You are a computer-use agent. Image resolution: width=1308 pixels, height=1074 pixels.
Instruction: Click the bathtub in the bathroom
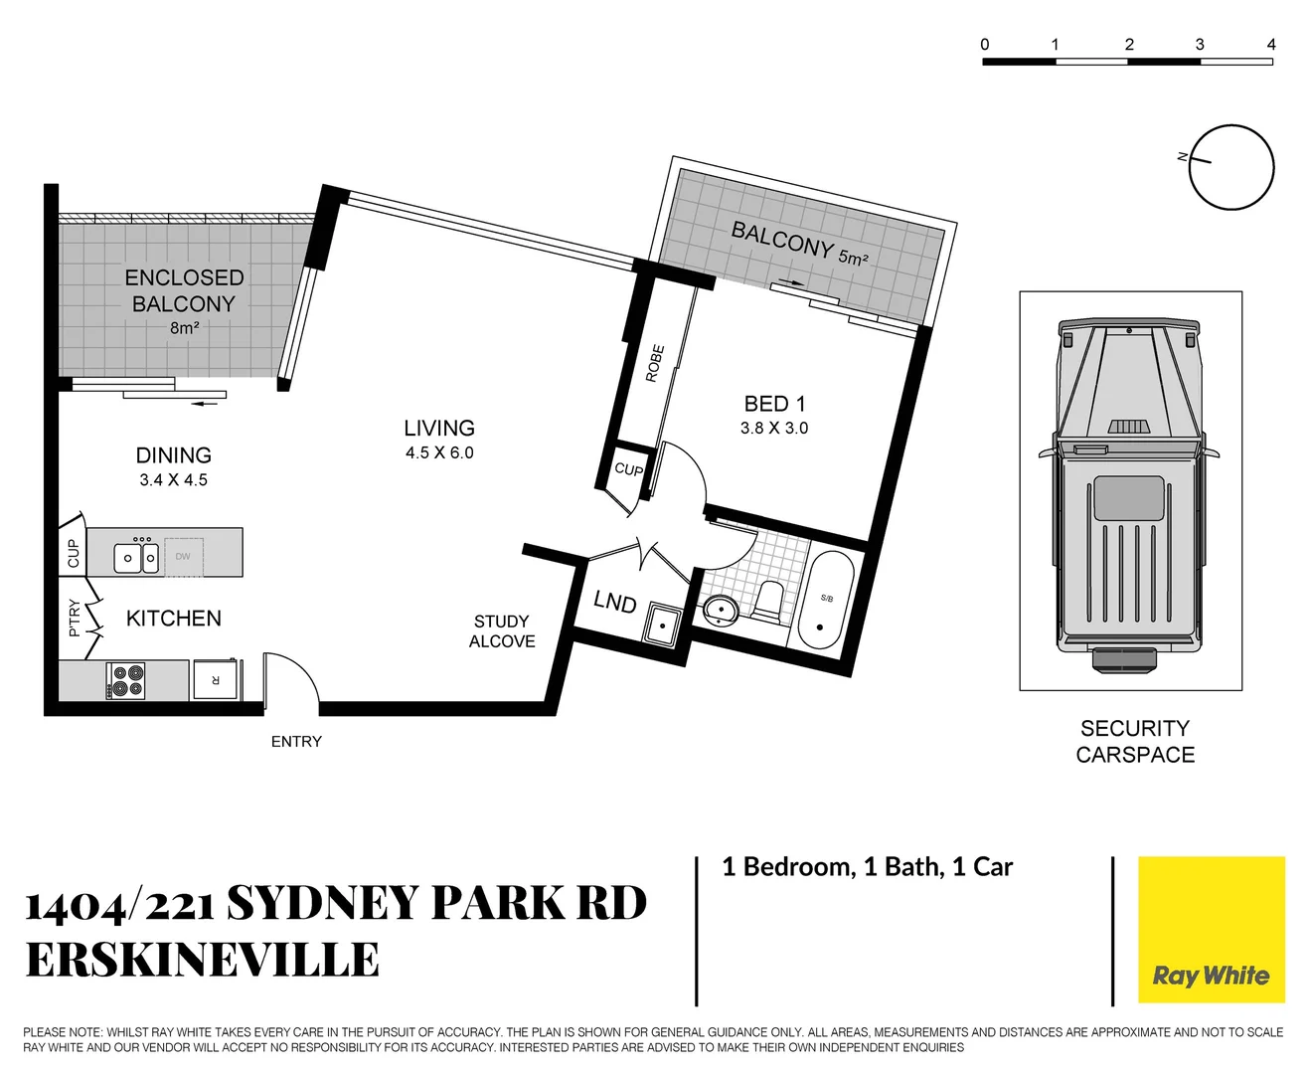click(826, 601)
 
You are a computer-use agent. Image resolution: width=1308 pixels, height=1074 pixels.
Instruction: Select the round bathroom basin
click(720, 610)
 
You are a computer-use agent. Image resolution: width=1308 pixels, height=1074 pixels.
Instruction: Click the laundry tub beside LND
click(661, 625)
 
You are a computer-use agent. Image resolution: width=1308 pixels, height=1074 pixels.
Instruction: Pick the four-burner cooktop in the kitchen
click(126, 681)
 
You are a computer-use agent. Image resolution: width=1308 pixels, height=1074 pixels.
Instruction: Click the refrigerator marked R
click(215, 679)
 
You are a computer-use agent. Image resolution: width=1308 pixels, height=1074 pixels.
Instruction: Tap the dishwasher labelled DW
click(184, 557)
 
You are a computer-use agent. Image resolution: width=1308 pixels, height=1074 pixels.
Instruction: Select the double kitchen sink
click(136, 558)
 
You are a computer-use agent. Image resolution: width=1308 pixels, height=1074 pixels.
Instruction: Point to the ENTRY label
click(296, 742)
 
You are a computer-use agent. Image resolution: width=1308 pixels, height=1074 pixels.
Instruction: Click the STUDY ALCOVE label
click(502, 631)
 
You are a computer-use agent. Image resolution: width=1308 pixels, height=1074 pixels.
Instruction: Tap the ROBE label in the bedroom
click(654, 364)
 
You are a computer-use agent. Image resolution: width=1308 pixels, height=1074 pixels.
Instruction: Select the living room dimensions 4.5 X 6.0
click(439, 453)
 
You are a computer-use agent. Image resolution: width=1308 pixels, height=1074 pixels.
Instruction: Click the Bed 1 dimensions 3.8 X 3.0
click(774, 429)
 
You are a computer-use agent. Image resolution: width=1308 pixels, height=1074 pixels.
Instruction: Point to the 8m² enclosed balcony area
click(184, 328)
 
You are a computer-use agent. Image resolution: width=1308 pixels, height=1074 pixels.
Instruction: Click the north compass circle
click(1231, 168)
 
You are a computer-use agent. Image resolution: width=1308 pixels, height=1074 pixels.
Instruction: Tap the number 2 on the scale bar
click(1129, 45)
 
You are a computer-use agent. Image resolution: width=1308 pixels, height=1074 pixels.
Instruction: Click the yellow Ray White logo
click(1211, 930)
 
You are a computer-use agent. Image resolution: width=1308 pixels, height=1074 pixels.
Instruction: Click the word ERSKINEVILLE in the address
click(202, 961)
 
